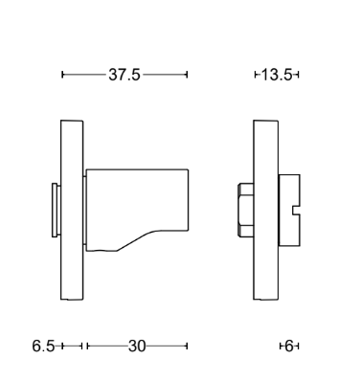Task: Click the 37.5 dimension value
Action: (124, 75)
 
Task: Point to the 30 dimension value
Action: (136, 346)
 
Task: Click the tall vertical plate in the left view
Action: (71, 211)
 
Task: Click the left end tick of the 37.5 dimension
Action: (62, 75)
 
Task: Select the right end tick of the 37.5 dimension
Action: (187, 75)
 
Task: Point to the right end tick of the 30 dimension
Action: (187, 346)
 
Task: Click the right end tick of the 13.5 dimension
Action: (300, 75)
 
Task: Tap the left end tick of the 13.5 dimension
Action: (256, 75)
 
